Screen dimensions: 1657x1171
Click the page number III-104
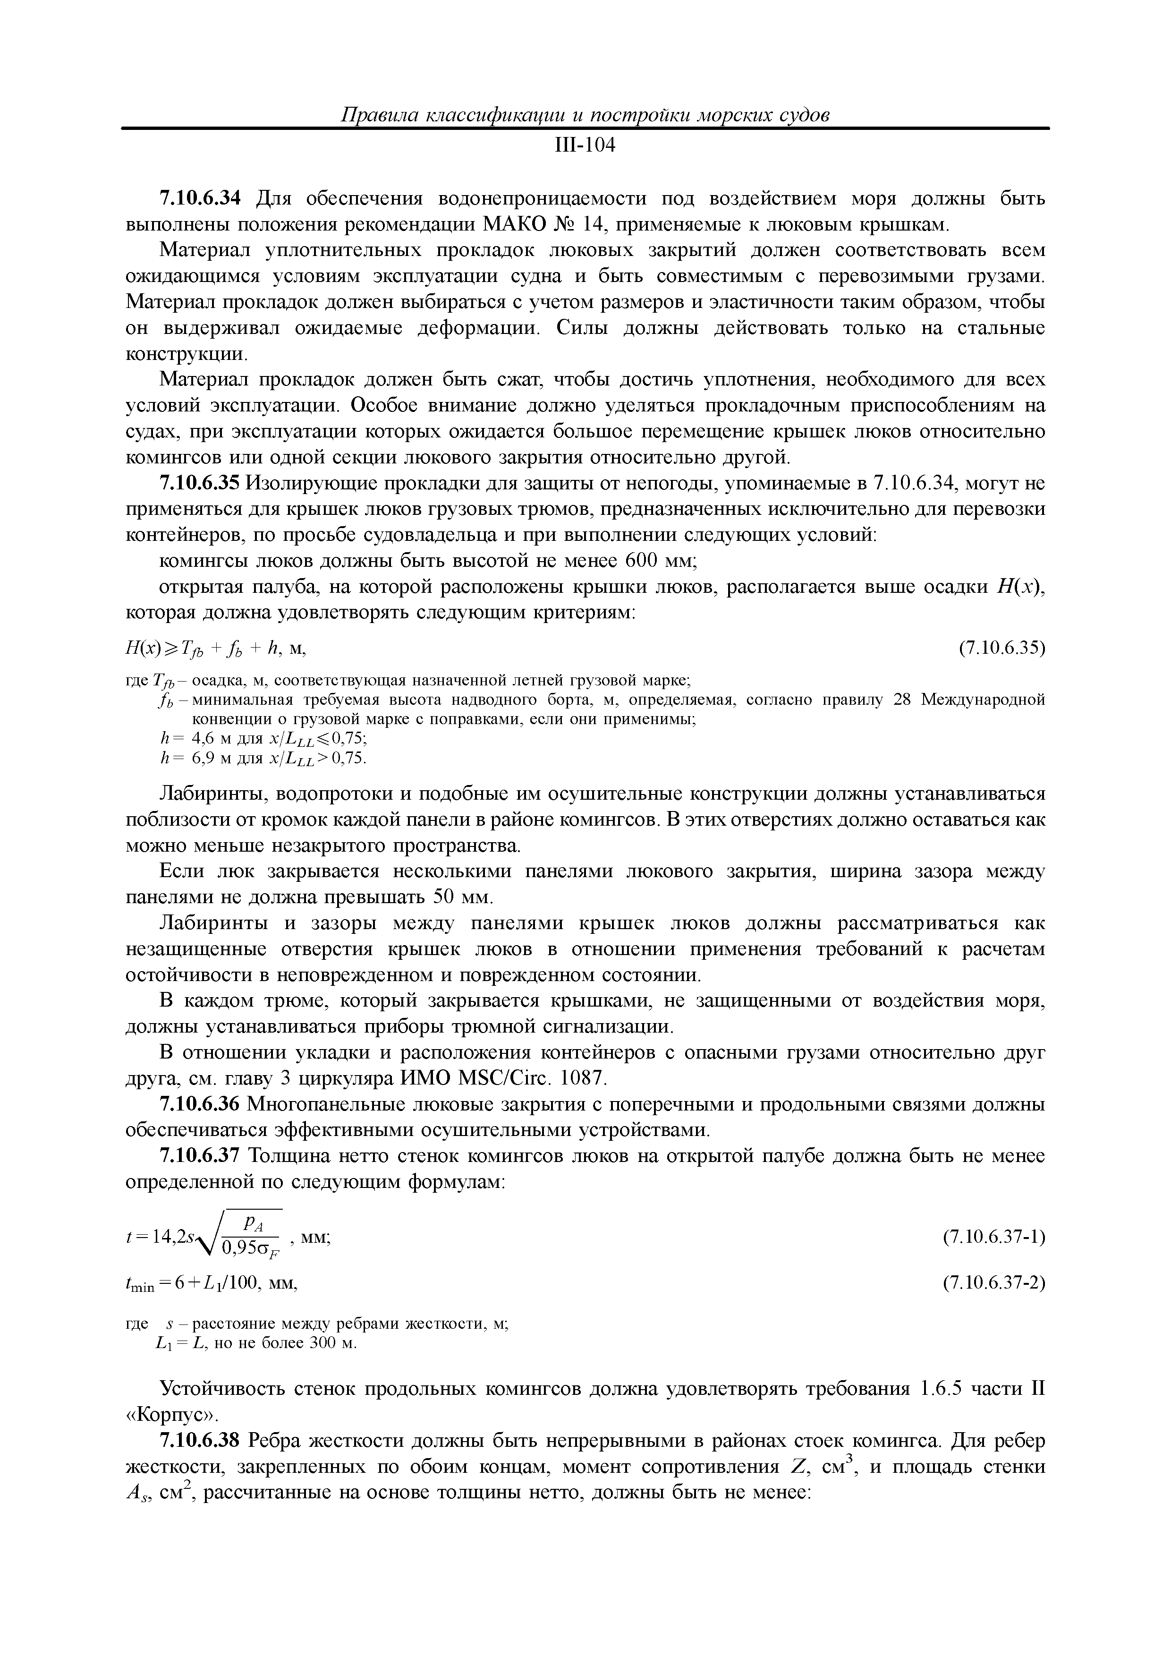(585, 146)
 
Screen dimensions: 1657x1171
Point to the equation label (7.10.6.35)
(1001, 648)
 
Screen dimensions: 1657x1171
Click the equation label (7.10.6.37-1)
(994, 1237)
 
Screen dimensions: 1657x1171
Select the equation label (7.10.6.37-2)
(994, 1282)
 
